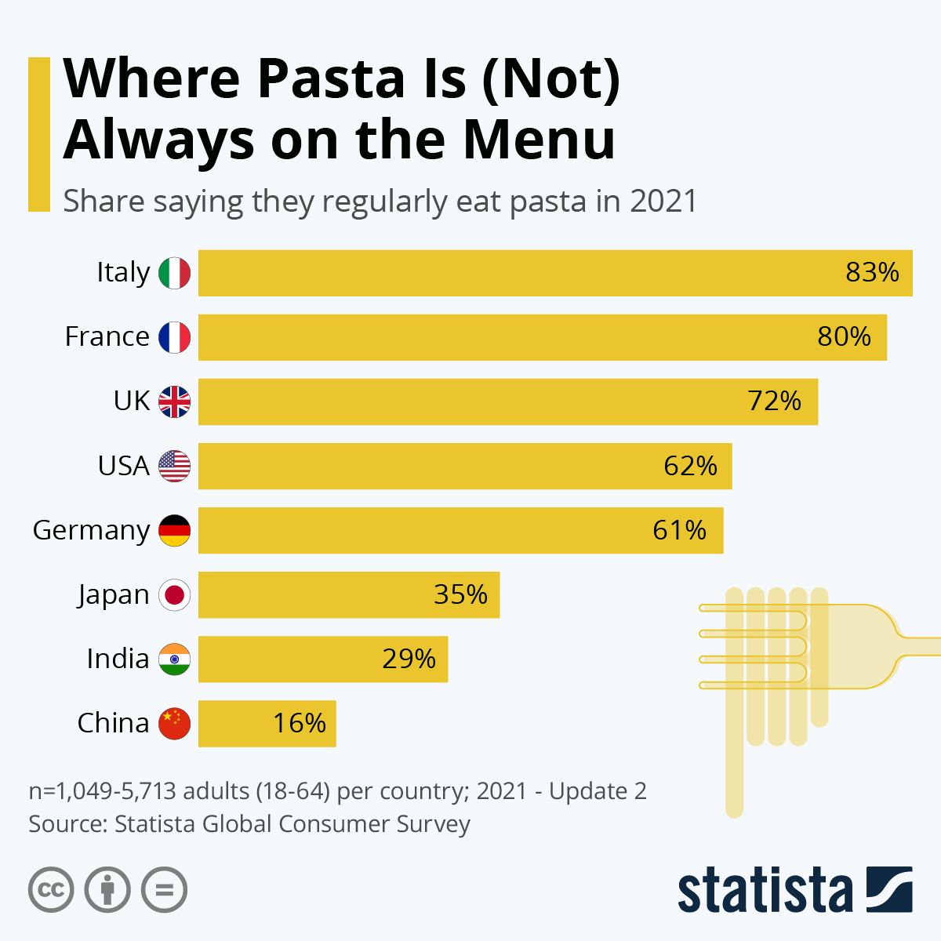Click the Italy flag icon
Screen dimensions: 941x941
click(x=174, y=273)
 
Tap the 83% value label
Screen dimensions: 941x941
click(x=872, y=273)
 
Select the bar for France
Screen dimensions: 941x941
click(x=542, y=337)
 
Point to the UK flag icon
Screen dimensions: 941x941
click(x=174, y=401)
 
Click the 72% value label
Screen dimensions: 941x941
click(x=774, y=401)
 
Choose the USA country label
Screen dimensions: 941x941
click(x=123, y=466)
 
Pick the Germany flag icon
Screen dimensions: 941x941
click(x=174, y=530)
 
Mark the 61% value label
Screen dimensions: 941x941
click(x=679, y=530)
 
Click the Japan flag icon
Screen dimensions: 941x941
click(x=174, y=595)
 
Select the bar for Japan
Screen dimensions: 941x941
click(x=348, y=595)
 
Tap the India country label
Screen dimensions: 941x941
click(x=118, y=659)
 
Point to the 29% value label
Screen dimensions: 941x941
click(x=409, y=659)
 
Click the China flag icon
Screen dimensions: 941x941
click(x=174, y=723)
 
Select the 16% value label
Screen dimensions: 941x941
click(x=299, y=723)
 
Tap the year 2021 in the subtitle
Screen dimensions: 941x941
click(x=663, y=202)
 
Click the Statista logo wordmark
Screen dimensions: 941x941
click(x=765, y=891)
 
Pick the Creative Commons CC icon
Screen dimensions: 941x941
click(x=51, y=890)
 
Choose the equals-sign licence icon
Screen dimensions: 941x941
click(x=164, y=890)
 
